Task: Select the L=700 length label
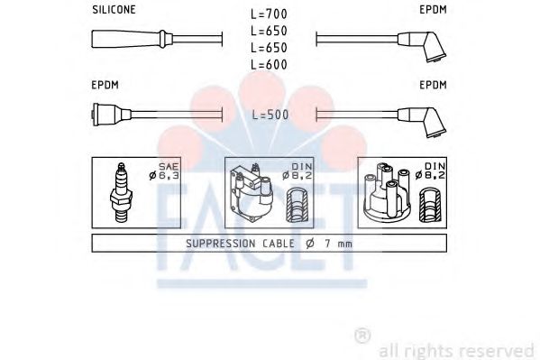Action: pos(270,15)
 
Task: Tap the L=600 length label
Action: pos(270,64)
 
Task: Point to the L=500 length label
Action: pos(270,115)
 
